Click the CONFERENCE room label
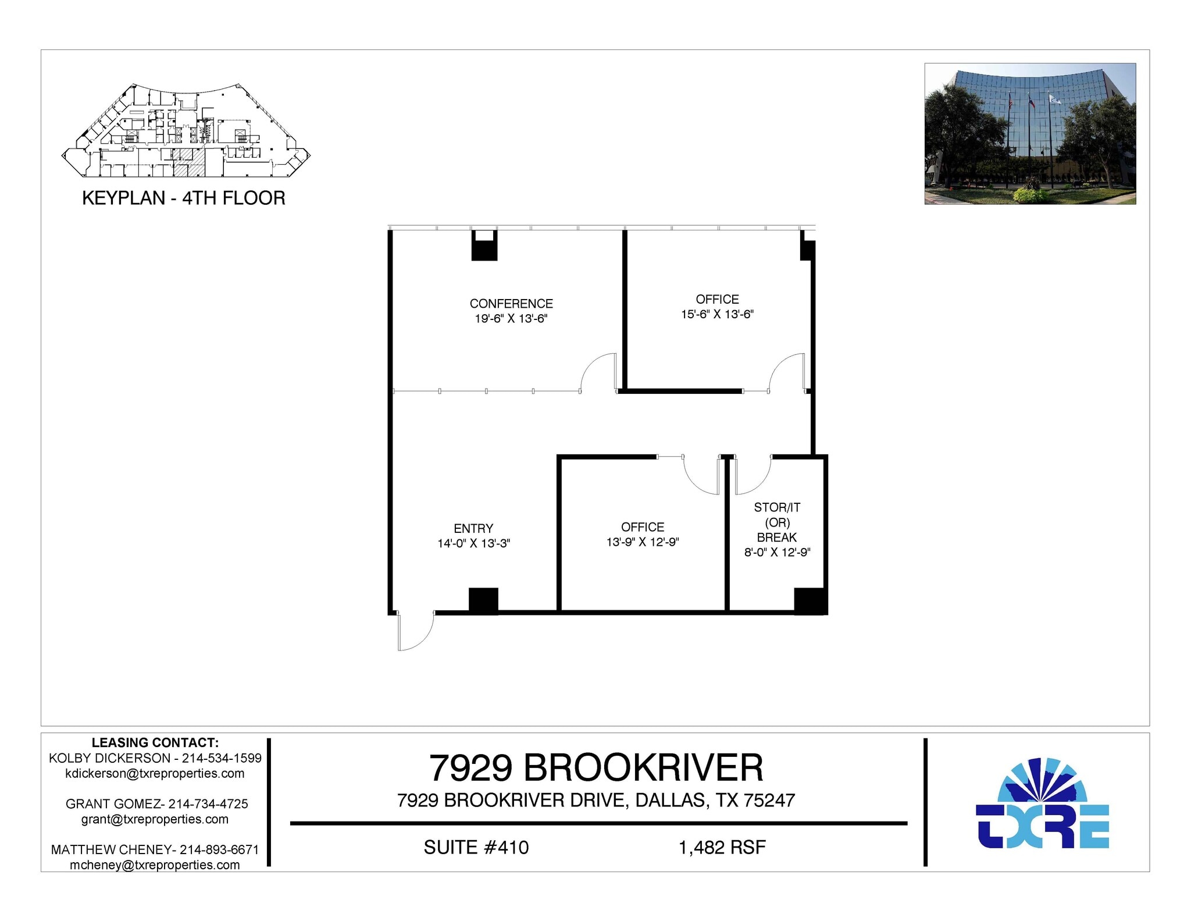point(511,304)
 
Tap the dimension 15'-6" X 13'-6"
point(717,314)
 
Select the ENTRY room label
point(473,528)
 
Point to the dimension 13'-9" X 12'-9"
point(642,542)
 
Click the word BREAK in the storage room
point(776,538)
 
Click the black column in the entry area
point(483,600)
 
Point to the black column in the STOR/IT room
point(809,600)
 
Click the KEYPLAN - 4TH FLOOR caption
point(184,198)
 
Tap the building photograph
point(1029,133)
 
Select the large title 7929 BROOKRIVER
point(595,768)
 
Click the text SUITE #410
point(476,847)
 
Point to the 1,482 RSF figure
point(722,847)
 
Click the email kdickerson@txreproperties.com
point(155,773)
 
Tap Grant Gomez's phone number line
point(156,803)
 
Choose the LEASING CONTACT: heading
point(155,742)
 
